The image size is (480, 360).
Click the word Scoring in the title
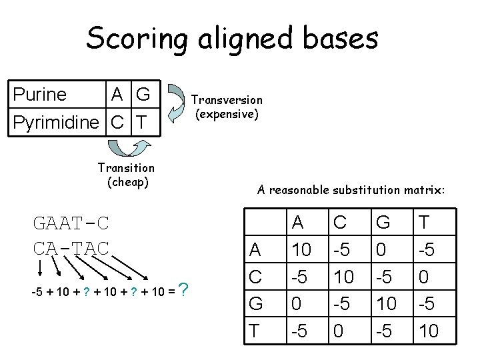click(x=137, y=39)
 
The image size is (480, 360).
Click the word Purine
click(x=40, y=95)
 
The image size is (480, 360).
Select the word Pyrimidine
click(x=56, y=123)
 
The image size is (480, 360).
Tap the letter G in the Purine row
click(x=142, y=95)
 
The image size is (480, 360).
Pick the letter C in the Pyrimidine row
click(x=117, y=123)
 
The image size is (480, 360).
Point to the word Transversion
click(x=227, y=100)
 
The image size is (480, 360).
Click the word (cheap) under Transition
click(x=127, y=182)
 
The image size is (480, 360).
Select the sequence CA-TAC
click(x=71, y=247)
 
